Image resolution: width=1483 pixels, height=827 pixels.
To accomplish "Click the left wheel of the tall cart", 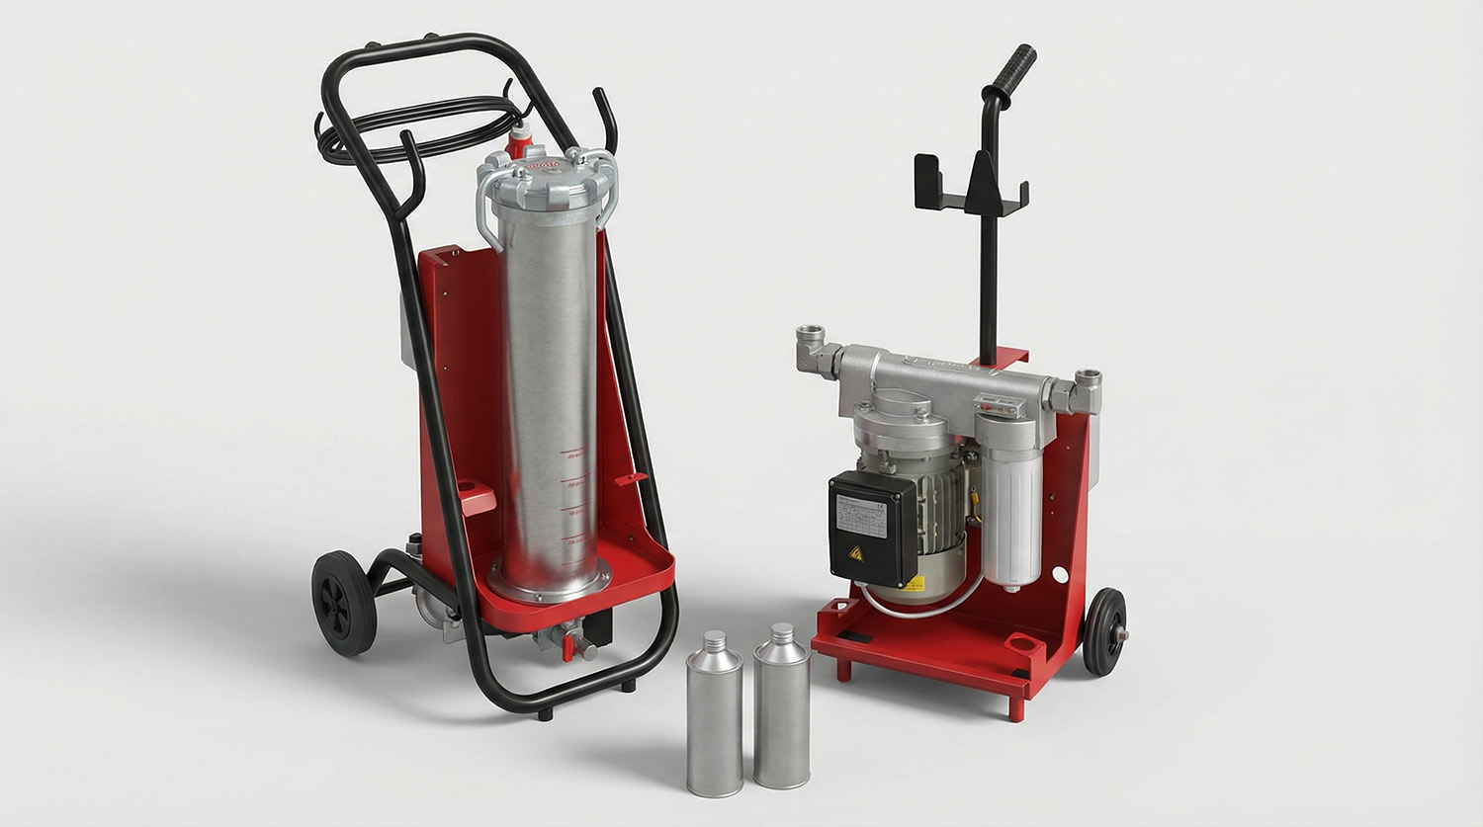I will tap(343, 603).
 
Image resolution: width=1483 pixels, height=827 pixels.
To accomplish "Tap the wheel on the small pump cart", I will tap(1104, 631).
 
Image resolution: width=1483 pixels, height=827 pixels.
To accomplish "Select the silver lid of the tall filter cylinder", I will tap(547, 178).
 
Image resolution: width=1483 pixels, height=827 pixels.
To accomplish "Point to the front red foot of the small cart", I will tap(1015, 707).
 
